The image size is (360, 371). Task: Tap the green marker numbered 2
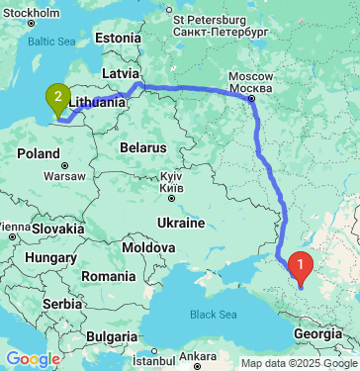[58, 97]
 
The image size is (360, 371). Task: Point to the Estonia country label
[119, 38]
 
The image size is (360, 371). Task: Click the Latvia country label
[122, 72]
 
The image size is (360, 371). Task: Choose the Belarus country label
[139, 146]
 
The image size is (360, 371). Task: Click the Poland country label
[39, 153]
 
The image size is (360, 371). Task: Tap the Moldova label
[148, 244]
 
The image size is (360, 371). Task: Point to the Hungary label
[45, 257]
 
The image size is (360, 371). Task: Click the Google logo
[33, 359]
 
